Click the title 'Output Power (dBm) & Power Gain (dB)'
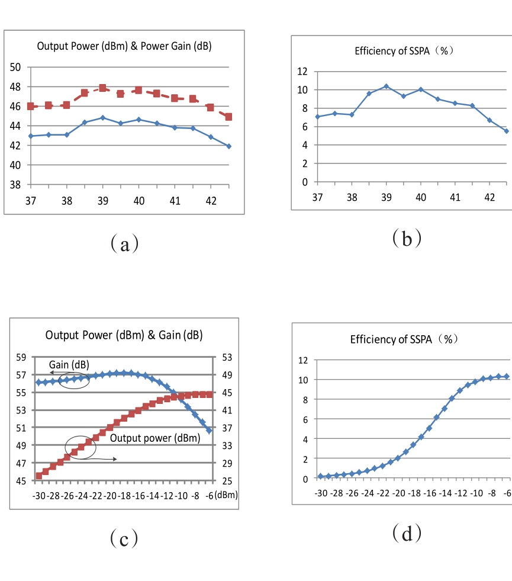(x=124, y=46)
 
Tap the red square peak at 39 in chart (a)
(x=102, y=88)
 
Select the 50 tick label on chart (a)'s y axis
(x=16, y=67)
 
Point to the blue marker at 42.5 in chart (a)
(x=228, y=146)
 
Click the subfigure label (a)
(x=124, y=243)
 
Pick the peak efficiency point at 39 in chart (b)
(x=387, y=86)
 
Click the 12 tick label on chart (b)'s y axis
(x=302, y=72)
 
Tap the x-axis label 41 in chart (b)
(x=455, y=197)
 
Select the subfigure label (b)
(x=407, y=238)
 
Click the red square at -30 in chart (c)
(x=38, y=476)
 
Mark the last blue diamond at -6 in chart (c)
(x=209, y=431)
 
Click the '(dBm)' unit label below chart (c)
(x=226, y=495)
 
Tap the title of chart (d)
(x=404, y=339)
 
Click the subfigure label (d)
(x=407, y=534)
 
